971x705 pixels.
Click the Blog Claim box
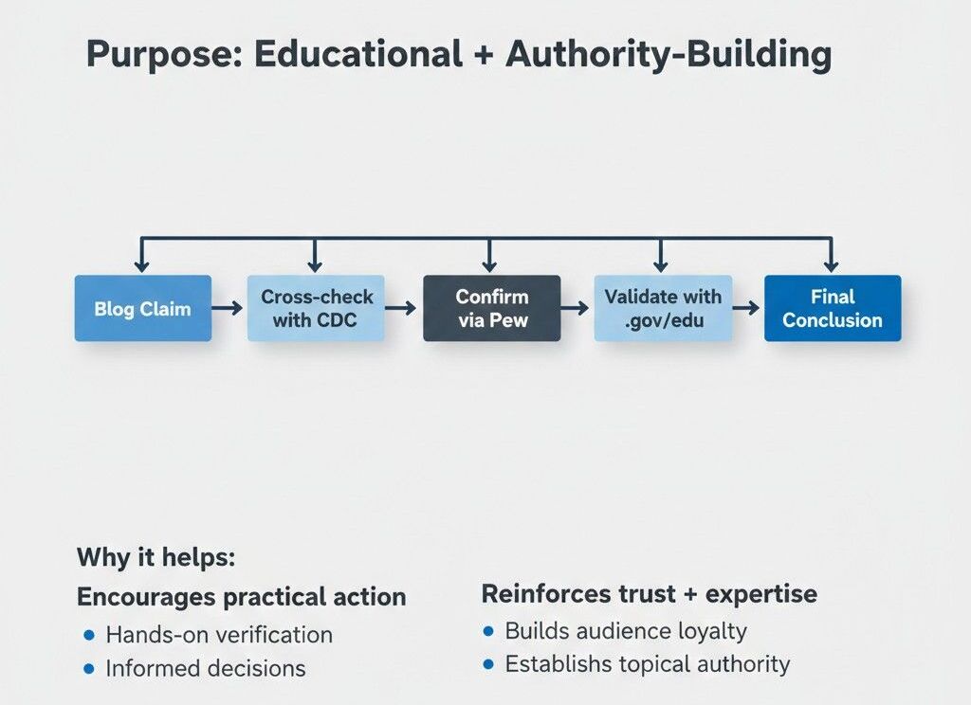click(x=142, y=308)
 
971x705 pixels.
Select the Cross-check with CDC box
click(x=316, y=308)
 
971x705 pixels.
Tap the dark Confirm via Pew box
click(x=491, y=308)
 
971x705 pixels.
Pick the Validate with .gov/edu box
click(x=663, y=308)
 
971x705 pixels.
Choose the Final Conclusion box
click(x=832, y=308)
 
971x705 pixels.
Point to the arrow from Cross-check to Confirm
click(x=402, y=308)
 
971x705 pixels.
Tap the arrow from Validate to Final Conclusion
click(x=747, y=308)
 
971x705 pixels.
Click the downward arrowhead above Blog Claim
click(x=141, y=266)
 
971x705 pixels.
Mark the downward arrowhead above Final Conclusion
click(x=831, y=266)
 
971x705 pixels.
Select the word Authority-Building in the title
click(x=669, y=55)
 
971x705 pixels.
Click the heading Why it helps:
click(x=156, y=557)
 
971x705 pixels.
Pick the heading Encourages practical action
click(x=241, y=597)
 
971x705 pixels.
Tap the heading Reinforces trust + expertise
click(x=649, y=594)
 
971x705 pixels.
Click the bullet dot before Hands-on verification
click(x=89, y=634)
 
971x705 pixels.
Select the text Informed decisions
click(x=206, y=668)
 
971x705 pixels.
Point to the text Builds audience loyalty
click(x=626, y=631)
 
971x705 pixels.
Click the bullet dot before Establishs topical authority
click(x=488, y=664)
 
